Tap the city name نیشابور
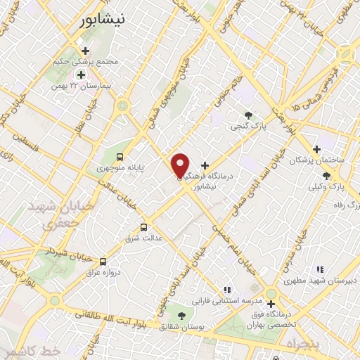coord(104,20)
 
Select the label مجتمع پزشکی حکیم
coord(86,62)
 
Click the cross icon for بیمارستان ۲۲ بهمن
coord(81,75)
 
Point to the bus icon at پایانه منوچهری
coord(120,156)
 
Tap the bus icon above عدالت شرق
coord(143,227)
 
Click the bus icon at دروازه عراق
coord(103,261)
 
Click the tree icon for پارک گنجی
coord(247,115)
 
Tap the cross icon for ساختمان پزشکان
coord(317,149)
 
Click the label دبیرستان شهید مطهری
coord(320,281)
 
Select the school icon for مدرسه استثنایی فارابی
coord(226,289)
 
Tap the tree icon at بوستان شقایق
coord(182,316)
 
